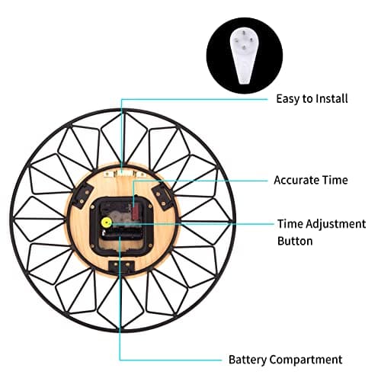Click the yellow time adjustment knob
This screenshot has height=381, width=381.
tap(107, 223)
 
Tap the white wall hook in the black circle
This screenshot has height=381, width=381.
tap(245, 56)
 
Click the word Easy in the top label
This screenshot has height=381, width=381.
tap(288, 99)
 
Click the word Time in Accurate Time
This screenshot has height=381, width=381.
tap(335, 180)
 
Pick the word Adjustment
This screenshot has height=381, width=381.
tap(336, 225)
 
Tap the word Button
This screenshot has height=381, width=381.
tap(295, 241)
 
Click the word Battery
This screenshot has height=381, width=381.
tap(248, 360)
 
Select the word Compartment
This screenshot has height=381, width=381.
tap(306, 360)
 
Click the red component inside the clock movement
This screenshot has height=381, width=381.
tap(136, 210)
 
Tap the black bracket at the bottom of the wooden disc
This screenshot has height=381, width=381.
tap(121, 267)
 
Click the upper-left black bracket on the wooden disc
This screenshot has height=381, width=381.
tap(82, 196)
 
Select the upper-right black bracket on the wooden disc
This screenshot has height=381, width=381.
tap(162, 197)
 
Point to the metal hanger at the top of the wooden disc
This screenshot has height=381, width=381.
tap(124, 174)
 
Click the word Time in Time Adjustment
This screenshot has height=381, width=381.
tap(290, 224)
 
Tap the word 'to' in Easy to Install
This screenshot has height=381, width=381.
tap(307, 99)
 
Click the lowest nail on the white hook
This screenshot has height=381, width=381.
tap(244, 47)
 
